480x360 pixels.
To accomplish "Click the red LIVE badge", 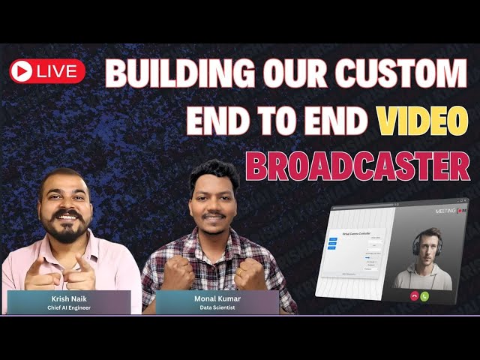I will [x=47, y=71].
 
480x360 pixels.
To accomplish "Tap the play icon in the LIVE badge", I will [x=22, y=71].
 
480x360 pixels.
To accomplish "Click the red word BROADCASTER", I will [x=358, y=166].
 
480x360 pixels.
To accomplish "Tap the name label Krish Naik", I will [x=68, y=298].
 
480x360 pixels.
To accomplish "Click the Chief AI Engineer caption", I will [x=68, y=307].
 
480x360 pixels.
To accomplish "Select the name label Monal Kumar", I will [x=217, y=298].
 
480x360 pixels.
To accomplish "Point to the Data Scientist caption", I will [x=217, y=307].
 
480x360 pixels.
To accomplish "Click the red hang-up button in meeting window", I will [x=413, y=296].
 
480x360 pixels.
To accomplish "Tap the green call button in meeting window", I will [x=424, y=296].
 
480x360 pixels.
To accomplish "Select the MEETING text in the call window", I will [x=445, y=211].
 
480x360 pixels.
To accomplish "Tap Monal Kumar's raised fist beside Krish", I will [x=178, y=274].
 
